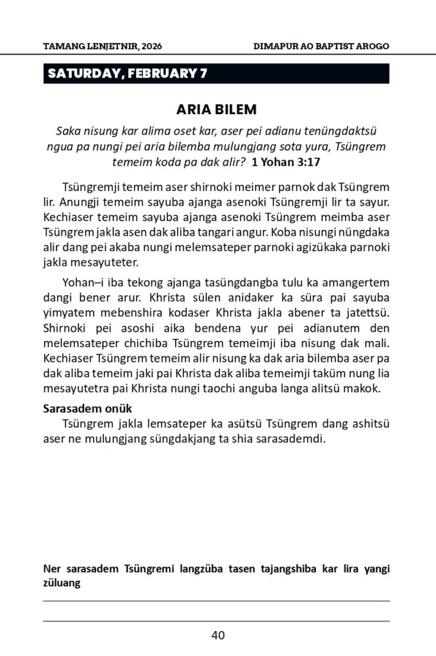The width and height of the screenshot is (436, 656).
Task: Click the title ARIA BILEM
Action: pos(217,109)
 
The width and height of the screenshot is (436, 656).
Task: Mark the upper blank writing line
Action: pos(217,600)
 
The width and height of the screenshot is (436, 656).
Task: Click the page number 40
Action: pos(217,635)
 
